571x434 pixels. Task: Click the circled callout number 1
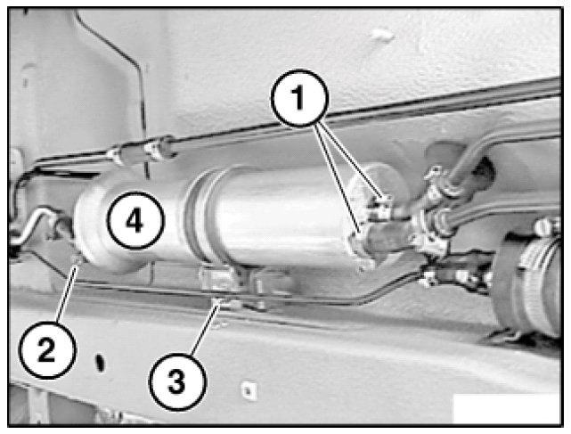[x=299, y=98]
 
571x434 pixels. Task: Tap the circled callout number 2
[x=47, y=350]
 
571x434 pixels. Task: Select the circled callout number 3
[x=177, y=382]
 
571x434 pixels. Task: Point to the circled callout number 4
[x=135, y=220]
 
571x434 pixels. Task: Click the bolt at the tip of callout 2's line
[x=77, y=260]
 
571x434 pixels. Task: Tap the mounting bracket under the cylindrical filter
[x=233, y=288]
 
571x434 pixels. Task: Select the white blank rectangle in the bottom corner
[x=507, y=408]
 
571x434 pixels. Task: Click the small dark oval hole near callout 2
[x=100, y=363]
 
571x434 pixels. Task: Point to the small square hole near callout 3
[x=249, y=390]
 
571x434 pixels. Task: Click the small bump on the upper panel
[x=382, y=36]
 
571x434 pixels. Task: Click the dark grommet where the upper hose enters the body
[x=483, y=169]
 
